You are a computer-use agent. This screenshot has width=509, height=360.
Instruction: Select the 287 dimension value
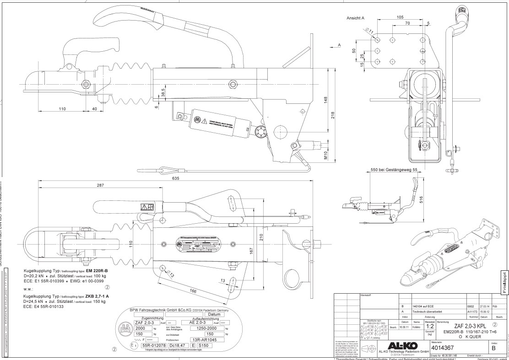click(x=97, y=186)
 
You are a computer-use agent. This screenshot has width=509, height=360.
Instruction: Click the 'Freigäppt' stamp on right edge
click(x=504, y=284)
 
